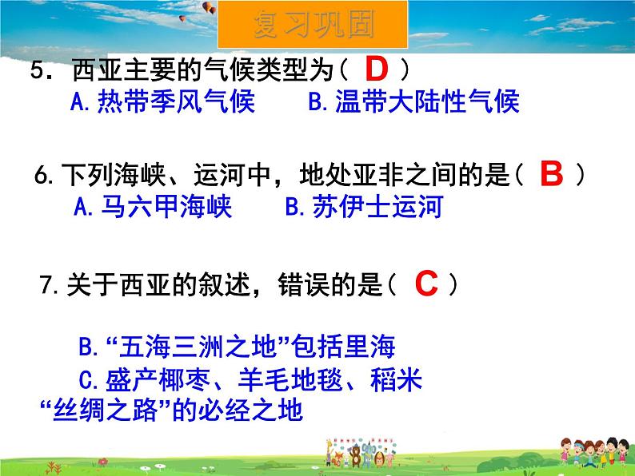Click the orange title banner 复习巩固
point(313,25)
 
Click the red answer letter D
point(377,69)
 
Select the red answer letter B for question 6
point(552,174)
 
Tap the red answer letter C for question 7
point(426,284)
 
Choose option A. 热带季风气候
point(162,101)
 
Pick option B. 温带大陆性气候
point(413,101)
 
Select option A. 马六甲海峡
point(153,206)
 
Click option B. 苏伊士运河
point(364,206)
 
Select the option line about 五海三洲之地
point(237,347)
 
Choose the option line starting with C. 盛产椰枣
point(250,379)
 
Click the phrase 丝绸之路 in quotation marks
point(105,410)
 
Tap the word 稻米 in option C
point(396,379)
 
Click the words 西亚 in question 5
point(98,69)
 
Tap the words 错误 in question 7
point(304,284)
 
